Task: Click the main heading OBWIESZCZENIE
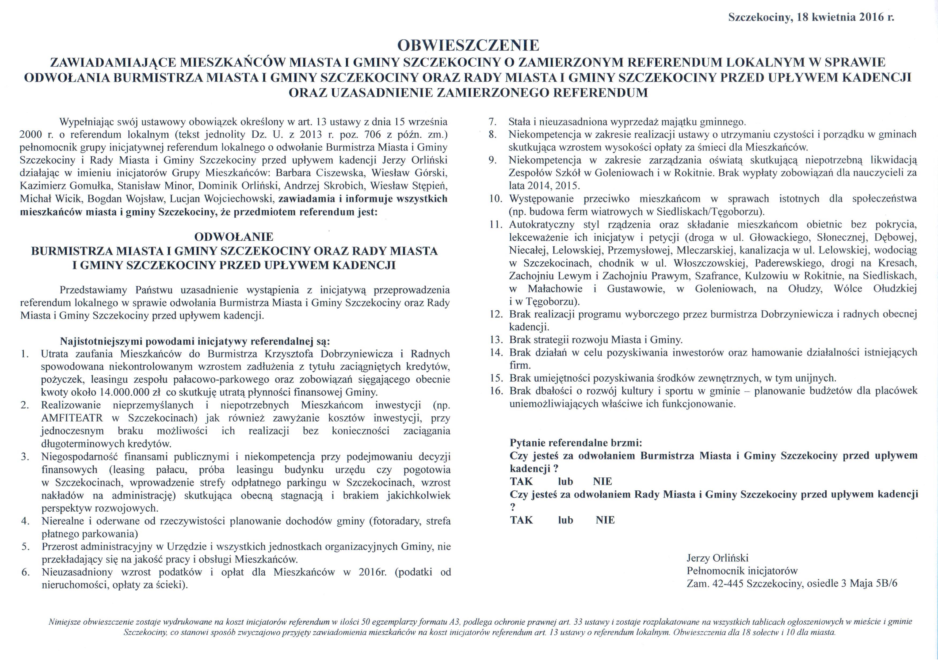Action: [x=468, y=45]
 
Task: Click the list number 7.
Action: [x=493, y=122]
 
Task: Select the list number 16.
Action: [x=496, y=391]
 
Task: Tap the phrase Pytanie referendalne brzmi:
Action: [x=576, y=443]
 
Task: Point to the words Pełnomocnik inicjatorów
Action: [x=742, y=571]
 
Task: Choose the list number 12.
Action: [x=496, y=314]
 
